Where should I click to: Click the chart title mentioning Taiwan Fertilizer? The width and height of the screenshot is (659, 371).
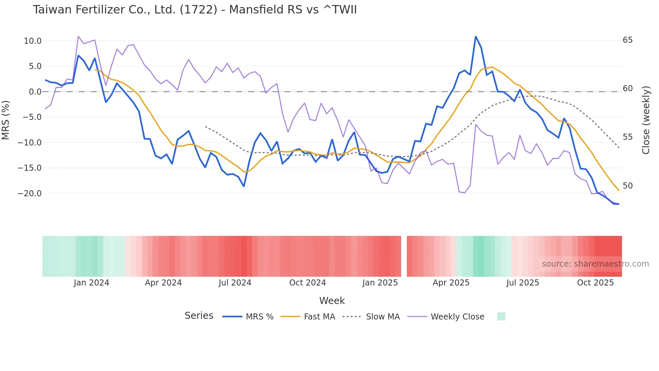[195, 10]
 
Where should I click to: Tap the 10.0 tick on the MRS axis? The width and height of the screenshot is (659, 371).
[32, 41]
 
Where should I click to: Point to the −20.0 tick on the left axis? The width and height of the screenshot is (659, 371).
[30, 194]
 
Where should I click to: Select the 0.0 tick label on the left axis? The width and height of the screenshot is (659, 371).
[35, 92]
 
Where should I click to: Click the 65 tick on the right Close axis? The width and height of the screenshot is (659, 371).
[627, 40]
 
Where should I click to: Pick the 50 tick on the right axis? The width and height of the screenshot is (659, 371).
[627, 186]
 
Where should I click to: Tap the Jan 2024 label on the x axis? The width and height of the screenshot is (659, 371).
[91, 283]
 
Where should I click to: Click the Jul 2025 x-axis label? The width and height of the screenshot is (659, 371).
[522, 283]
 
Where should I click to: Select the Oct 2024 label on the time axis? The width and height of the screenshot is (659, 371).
[307, 283]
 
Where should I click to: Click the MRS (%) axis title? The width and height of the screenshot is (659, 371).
[6, 120]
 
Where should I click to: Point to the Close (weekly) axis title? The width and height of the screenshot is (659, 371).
[646, 120]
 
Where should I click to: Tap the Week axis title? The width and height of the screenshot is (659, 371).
[332, 301]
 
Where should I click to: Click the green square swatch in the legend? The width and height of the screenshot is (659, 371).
[501, 317]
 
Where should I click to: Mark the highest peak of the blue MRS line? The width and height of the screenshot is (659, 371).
[475, 36]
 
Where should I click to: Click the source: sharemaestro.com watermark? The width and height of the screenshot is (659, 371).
[595, 264]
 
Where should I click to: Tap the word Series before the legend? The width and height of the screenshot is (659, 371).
[199, 316]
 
